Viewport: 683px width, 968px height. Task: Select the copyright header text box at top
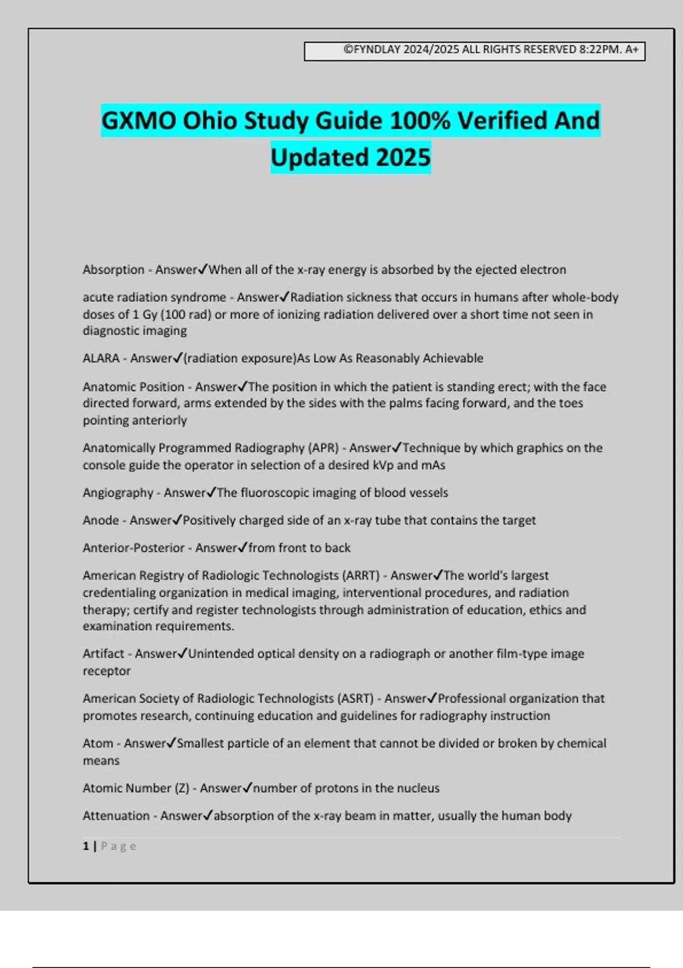[474, 51]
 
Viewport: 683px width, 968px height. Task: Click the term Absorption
[113, 270]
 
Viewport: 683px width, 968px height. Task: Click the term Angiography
[118, 493]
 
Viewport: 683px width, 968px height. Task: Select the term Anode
[101, 520]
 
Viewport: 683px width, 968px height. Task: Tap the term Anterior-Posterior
[133, 548]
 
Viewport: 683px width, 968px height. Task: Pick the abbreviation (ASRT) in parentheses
[356, 699]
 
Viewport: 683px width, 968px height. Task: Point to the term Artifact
[103, 654]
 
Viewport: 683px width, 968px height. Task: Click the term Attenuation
[116, 816]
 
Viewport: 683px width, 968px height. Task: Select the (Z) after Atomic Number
[182, 789]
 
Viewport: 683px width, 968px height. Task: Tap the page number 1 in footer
[86, 846]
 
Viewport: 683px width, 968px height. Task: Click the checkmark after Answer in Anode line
[177, 520]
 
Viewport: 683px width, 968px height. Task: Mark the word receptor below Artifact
[106, 671]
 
